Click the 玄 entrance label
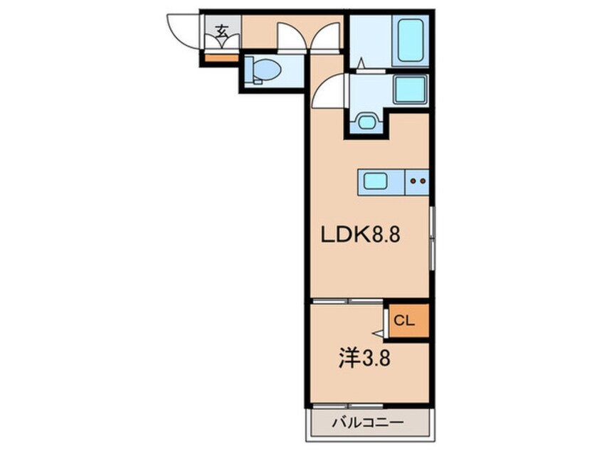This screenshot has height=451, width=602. click(221, 32)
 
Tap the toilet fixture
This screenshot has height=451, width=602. click(265, 70)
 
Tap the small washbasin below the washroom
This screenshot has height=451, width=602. click(366, 122)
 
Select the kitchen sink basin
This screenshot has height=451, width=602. click(376, 181)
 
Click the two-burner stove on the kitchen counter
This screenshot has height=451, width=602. click(418, 181)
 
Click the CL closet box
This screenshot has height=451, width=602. click(405, 321)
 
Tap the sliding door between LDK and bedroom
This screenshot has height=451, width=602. click(348, 302)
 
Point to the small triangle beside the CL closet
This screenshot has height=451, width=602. click(377, 332)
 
